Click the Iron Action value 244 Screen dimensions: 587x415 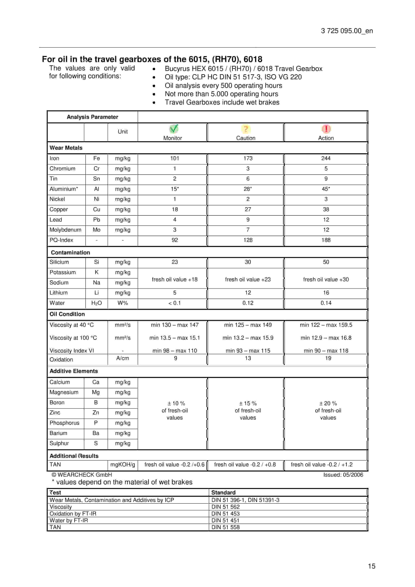pos(326,158)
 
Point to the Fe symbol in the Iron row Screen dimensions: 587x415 pos(96,158)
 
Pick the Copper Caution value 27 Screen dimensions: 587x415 pos(248,209)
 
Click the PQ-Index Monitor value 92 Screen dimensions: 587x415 pos(175,240)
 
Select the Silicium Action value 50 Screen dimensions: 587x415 pos(326,262)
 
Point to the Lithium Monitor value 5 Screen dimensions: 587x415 pos(175,293)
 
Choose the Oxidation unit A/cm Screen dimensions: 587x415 pos(123,358)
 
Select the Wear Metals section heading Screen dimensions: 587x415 pos(66,148)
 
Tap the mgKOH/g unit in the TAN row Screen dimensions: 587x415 pos(123,464)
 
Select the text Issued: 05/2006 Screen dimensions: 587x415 pos(343,475)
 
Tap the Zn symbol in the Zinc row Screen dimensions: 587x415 pos(96,413)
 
